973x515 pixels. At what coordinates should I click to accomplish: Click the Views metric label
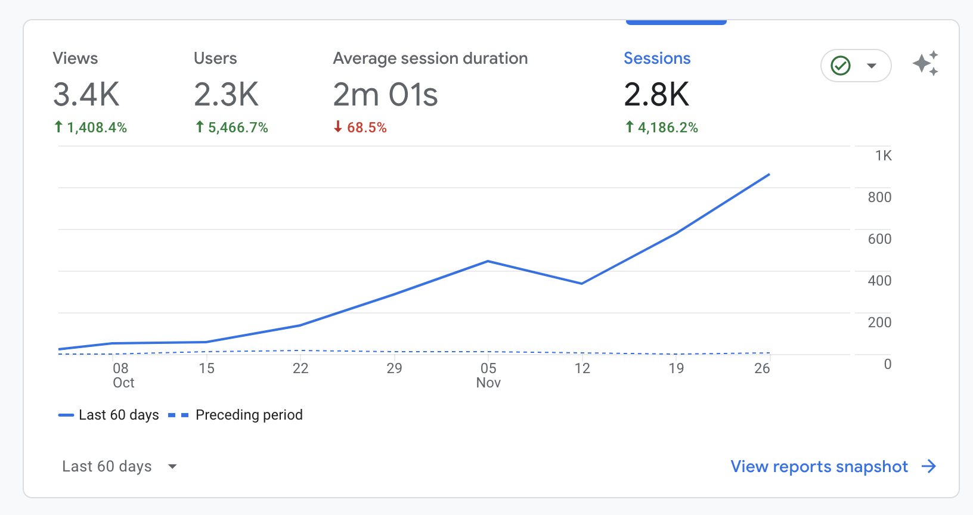[75, 58]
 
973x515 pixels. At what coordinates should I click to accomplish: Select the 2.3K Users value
[226, 94]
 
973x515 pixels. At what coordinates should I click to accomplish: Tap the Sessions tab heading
[657, 58]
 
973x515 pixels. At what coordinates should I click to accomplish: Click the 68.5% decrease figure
[360, 127]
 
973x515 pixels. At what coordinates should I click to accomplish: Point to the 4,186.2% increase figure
[661, 127]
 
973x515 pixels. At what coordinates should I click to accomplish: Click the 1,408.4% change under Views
[90, 127]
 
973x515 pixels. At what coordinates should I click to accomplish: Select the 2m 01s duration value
[385, 94]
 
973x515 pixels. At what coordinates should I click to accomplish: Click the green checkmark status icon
[841, 66]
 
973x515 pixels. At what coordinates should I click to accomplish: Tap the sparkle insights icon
[925, 63]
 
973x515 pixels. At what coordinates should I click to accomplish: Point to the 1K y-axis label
[883, 156]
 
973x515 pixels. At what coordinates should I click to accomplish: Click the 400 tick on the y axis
[879, 281]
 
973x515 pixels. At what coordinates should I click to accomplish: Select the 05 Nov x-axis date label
[488, 375]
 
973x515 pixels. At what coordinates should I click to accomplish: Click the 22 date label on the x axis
[300, 368]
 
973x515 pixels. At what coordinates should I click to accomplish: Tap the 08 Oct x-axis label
[123, 375]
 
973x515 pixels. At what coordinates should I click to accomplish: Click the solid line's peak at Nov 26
[770, 174]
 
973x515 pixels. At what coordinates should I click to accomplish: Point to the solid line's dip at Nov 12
[582, 284]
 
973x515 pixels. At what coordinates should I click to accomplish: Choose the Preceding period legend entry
[235, 415]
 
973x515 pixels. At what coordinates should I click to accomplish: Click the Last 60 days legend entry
[109, 415]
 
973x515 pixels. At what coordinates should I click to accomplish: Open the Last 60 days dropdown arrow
[172, 466]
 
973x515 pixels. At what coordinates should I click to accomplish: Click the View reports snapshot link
[833, 466]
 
